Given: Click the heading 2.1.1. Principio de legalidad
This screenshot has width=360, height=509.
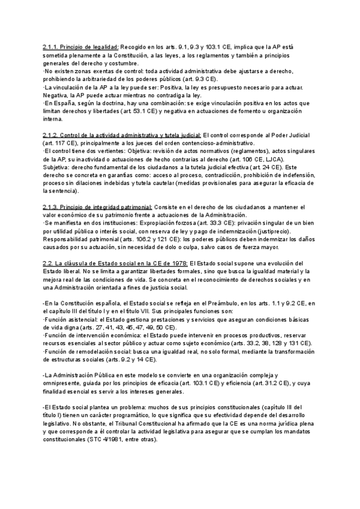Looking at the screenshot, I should (81, 46).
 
